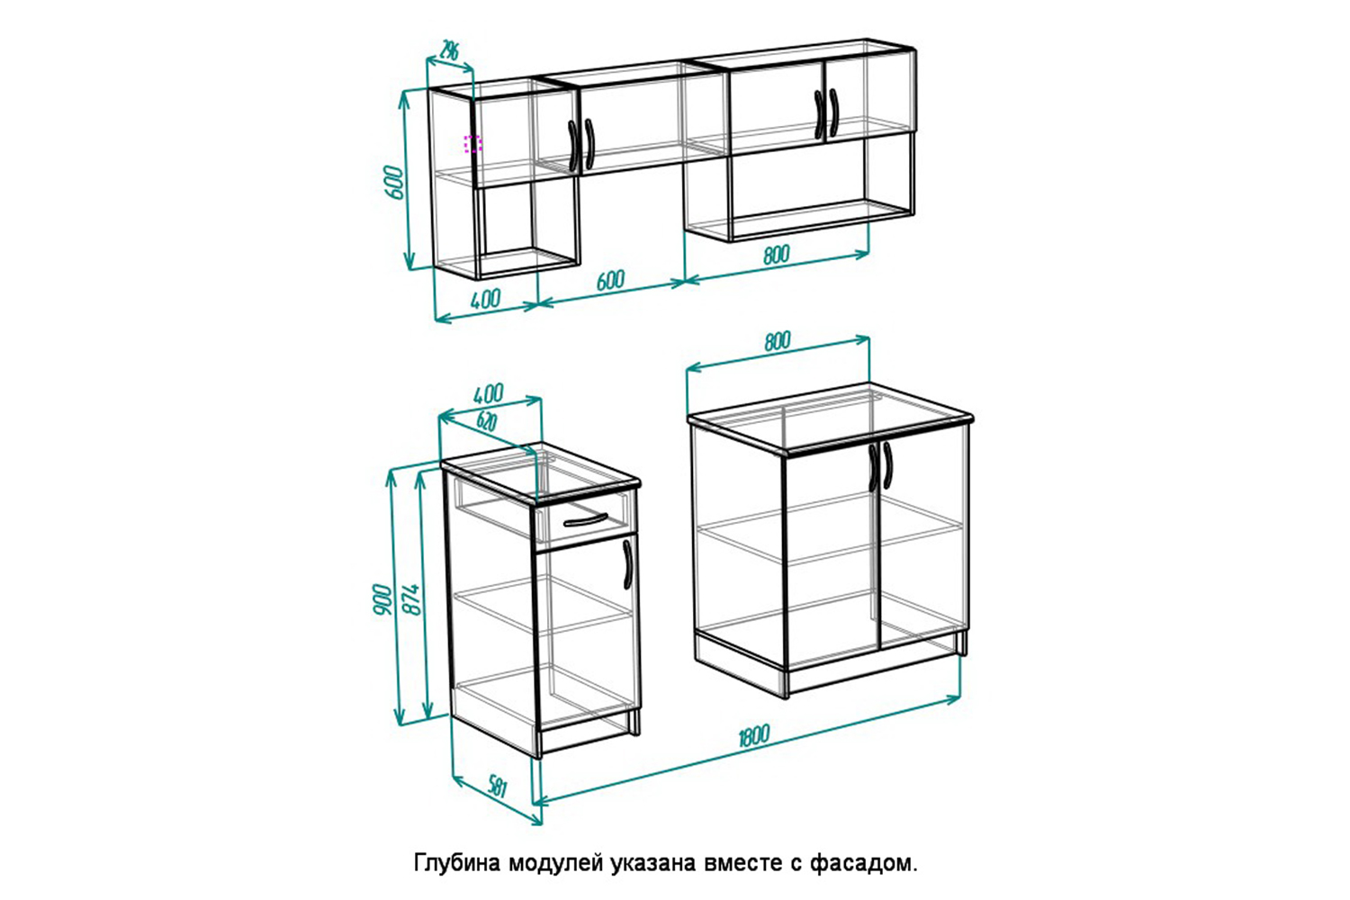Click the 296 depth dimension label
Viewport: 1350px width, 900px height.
pyautogui.click(x=449, y=50)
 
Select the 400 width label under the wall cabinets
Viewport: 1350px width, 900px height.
pyautogui.click(x=485, y=299)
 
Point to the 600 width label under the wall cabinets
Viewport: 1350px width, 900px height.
pyautogui.click(x=610, y=280)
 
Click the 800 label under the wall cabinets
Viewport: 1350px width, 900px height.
pyautogui.click(x=776, y=255)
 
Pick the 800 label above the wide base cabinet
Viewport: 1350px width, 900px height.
pyautogui.click(x=778, y=341)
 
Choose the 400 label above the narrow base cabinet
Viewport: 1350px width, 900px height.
pyautogui.click(x=488, y=393)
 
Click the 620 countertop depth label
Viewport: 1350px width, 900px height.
pyautogui.click(x=486, y=421)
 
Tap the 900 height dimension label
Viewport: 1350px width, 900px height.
pyautogui.click(x=382, y=598)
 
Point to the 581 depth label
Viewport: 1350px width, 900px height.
pyautogui.click(x=498, y=787)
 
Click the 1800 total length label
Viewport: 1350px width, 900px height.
pyautogui.click(x=754, y=735)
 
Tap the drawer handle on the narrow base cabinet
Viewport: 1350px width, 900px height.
pyautogui.click(x=586, y=520)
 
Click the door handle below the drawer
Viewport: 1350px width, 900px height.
pyautogui.click(x=627, y=564)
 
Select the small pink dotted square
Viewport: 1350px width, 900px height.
pyautogui.click(x=472, y=144)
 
